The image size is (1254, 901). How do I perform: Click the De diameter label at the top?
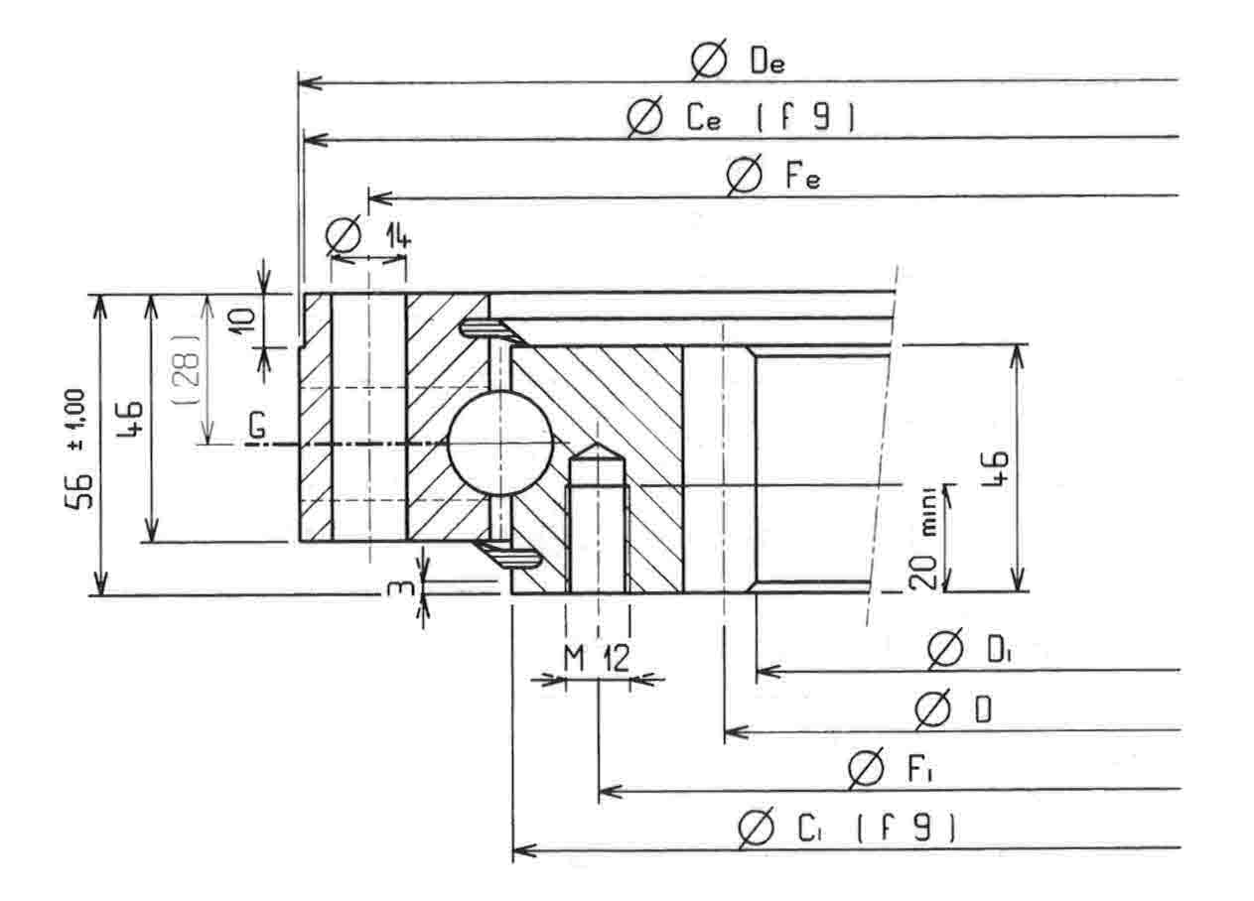(x=738, y=60)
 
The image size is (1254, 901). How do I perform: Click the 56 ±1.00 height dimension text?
(x=76, y=449)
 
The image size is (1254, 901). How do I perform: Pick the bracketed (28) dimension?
(x=187, y=368)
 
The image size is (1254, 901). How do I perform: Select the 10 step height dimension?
(x=243, y=321)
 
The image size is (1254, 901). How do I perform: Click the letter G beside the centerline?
(x=257, y=426)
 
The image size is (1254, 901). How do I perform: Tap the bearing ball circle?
(x=500, y=443)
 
